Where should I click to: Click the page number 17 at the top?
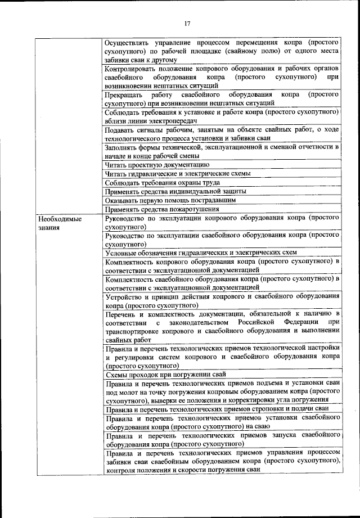tap(188, 23)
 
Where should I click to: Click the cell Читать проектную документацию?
tap(157, 165)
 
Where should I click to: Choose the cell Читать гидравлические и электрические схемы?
tap(178, 174)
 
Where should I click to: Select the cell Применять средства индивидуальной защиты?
tap(175, 191)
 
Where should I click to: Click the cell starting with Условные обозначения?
tap(201, 253)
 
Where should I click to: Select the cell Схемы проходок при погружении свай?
tap(165, 374)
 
